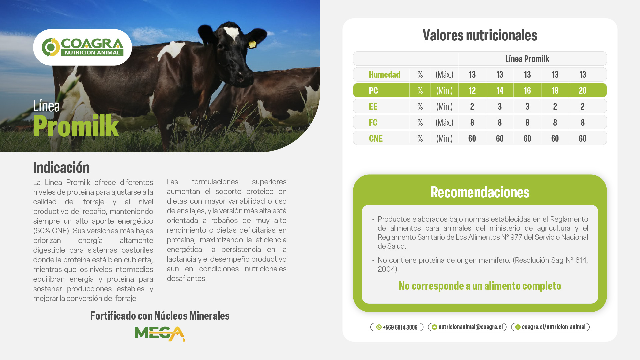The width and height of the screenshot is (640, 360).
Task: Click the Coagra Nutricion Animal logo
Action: pos(82,47)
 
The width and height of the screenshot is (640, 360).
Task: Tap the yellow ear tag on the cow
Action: pos(252,44)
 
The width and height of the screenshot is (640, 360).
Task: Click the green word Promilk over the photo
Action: pos(76,126)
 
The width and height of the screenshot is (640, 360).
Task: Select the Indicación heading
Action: pos(61,167)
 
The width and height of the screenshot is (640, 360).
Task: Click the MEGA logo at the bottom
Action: pos(160,334)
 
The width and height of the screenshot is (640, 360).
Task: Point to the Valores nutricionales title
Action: pos(480,35)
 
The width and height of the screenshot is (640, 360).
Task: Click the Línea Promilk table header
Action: pos(527,59)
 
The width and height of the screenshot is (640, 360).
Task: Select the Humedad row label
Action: pos(384,74)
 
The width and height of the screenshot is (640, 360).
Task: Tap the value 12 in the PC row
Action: pos(472,90)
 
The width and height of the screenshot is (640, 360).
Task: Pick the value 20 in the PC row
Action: pos(582,90)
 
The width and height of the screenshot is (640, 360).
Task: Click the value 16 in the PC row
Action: pos(527,90)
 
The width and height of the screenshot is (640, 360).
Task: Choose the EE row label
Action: pos(373,106)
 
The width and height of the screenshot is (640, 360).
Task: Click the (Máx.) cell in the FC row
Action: pos(444,122)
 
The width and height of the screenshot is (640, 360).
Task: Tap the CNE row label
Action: pos(376,138)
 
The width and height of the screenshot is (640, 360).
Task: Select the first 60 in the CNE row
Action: pos(472,138)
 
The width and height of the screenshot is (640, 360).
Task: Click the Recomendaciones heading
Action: pos(480,192)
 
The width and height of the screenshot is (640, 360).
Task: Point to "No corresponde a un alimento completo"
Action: pos(480,286)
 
